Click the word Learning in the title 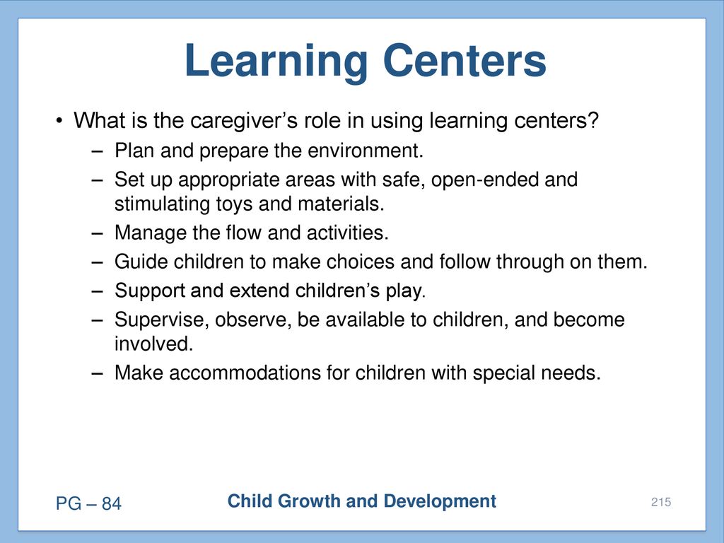click(276, 62)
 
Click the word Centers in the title click(465, 61)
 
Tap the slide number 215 click(661, 502)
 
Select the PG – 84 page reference click(88, 503)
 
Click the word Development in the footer click(440, 502)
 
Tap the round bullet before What click(59, 121)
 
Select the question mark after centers click(593, 119)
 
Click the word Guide click(141, 262)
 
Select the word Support click(150, 291)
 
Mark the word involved click(153, 344)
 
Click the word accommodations click(245, 373)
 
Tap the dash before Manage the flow click(98, 233)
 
